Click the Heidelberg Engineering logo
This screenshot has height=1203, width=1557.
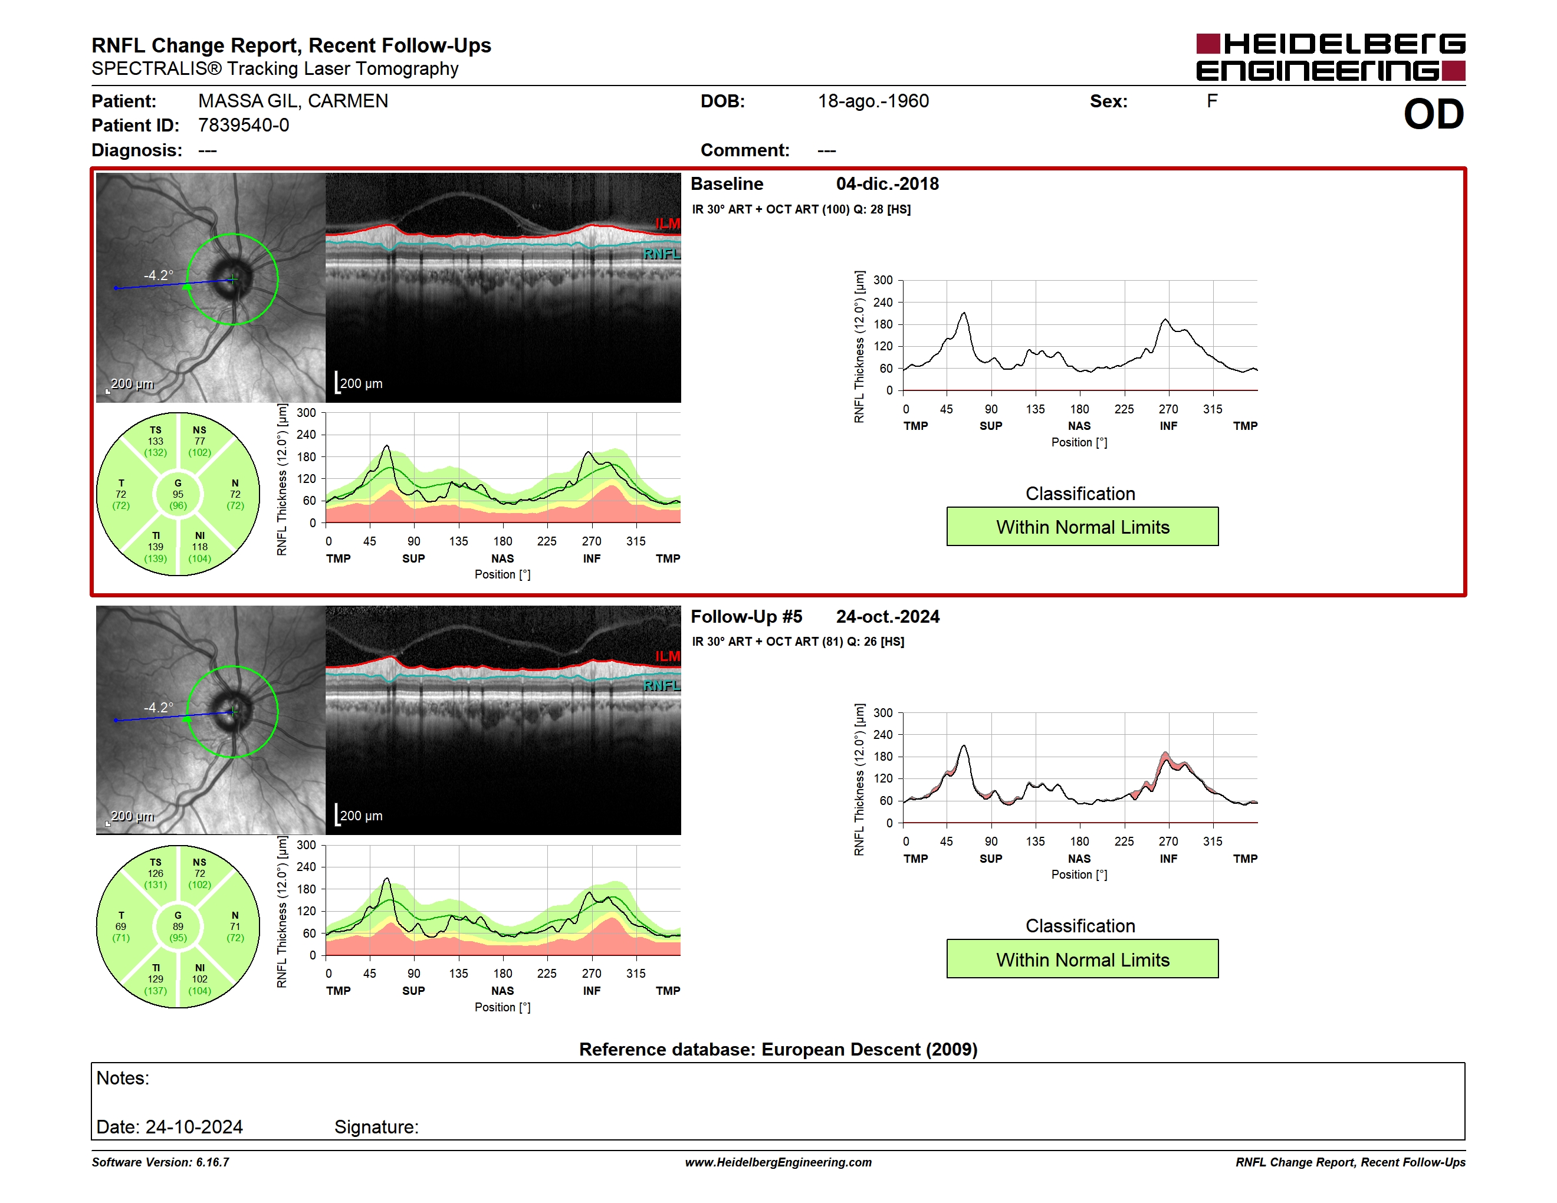(x=1331, y=57)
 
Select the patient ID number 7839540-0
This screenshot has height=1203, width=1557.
(x=244, y=126)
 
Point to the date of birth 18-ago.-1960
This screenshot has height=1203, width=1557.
(x=873, y=101)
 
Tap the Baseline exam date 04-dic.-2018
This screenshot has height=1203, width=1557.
(x=888, y=184)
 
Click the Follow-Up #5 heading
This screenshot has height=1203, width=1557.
(x=747, y=616)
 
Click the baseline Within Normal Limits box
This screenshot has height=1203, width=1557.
(x=1082, y=527)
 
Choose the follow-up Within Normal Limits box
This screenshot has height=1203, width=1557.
(x=1082, y=959)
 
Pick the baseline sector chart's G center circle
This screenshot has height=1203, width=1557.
(x=178, y=494)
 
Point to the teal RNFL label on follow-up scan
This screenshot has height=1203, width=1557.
(x=662, y=686)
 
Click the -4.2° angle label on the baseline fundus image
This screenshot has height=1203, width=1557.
(x=158, y=275)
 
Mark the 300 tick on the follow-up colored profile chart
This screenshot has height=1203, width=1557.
(x=307, y=845)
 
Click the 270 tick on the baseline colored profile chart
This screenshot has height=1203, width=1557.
(x=592, y=541)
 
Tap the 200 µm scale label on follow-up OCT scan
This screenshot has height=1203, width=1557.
(x=362, y=816)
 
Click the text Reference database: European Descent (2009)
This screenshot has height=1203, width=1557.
(x=778, y=1049)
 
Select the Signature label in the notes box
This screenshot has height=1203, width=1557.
(x=376, y=1127)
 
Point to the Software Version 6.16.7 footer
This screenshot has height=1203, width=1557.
(x=160, y=1162)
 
